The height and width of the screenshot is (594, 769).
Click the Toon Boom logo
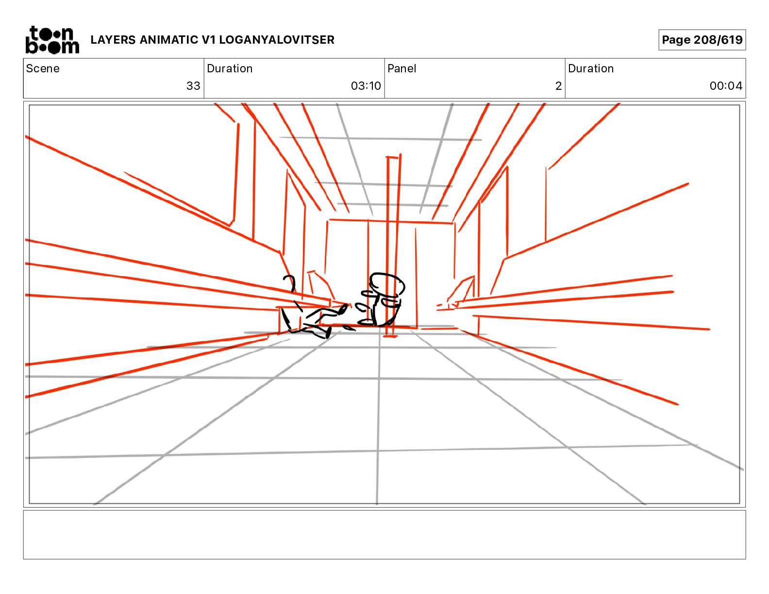coord(52,40)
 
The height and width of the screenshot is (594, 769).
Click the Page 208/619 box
coord(702,40)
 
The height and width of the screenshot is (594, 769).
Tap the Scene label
coord(43,68)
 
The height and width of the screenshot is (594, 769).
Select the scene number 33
coord(193,86)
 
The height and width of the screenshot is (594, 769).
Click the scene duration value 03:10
coord(366,86)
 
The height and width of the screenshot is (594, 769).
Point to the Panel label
coord(401,68)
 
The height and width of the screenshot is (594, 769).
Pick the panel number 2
coord(558,86)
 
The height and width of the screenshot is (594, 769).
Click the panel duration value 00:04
coord(725,86)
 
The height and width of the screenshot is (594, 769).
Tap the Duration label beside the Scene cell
coord(230,68)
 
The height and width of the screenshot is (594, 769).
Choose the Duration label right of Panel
coord(591,68)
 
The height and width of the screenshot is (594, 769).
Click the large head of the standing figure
coord(387,284)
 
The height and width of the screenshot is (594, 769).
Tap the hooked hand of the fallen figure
coord(290,281)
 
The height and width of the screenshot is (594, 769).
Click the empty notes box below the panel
coord(384,534)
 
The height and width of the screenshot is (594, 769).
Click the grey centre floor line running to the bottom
coord(378,437)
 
